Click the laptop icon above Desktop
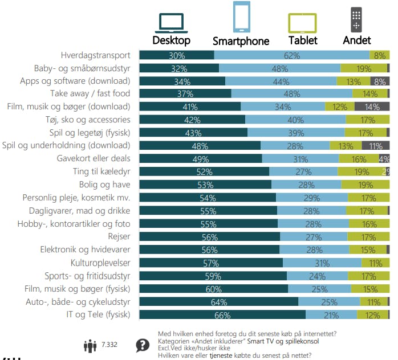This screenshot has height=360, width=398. pyautogui.click(x=171, y=23)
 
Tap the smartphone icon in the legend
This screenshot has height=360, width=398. pyautogui.click(x=241, y=17)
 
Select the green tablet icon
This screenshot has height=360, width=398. pyautogui.click(x=303, y=23)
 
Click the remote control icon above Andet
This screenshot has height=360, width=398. pyautogui.click(x=356, y=20)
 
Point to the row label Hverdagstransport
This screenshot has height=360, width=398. pyautogui.click(x=96, y=55)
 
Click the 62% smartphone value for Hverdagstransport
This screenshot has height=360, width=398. pyautogui.click(x=292, y=55)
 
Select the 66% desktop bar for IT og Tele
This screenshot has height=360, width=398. pyautogui.click(x=222, y=315)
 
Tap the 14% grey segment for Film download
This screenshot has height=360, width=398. pyautogui.click(x=372, y=107)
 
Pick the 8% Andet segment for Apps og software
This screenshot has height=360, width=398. pyautogui.click(x=379, y=81)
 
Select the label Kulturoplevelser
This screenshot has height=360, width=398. pyautogui.click(x=100, y=263)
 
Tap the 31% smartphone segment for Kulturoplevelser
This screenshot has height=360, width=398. pyautogui.click(x=322, y=263)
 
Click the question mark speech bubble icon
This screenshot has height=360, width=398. pyautogui.click(x=143, y=345)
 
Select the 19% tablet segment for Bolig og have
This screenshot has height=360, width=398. pyautogui.click(x=365, y=185)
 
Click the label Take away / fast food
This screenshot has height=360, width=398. pyautogui.click(x=90, y=93)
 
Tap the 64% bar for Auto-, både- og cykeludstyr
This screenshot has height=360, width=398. pyautogui.click(x=218, y=302)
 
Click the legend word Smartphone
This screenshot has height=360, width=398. pyautogui.click(x=241, y=41)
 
